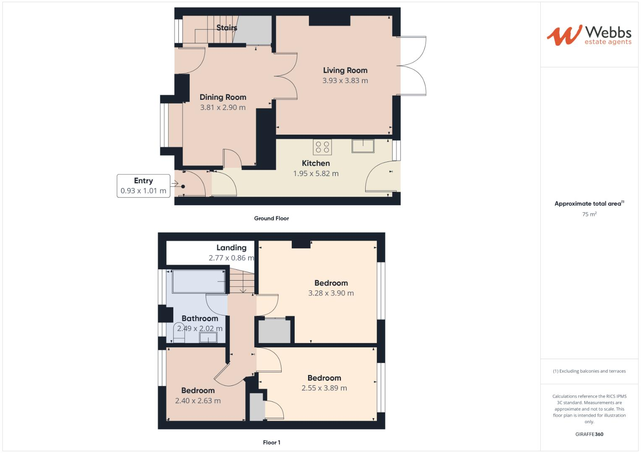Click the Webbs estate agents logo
coord(589,35)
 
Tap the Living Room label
coord(345,70)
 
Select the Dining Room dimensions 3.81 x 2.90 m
coord(222,107)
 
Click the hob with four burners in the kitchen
coord(322,147)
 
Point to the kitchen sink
coord(363,146)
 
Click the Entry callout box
coord(143,186)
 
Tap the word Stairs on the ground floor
coord(227,28)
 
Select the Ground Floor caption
coord(271,218)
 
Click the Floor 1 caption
coord(271,443)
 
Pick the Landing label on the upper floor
coord(231,247)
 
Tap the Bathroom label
coord(199,318)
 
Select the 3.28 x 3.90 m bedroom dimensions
coord(331,293)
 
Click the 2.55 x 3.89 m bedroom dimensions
coord(324,388)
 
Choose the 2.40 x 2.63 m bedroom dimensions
coord(198,401)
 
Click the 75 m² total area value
coord(589,214)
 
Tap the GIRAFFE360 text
coord(589,434)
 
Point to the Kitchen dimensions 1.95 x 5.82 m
coord(316,174)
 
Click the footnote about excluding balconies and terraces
coord(589,371)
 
